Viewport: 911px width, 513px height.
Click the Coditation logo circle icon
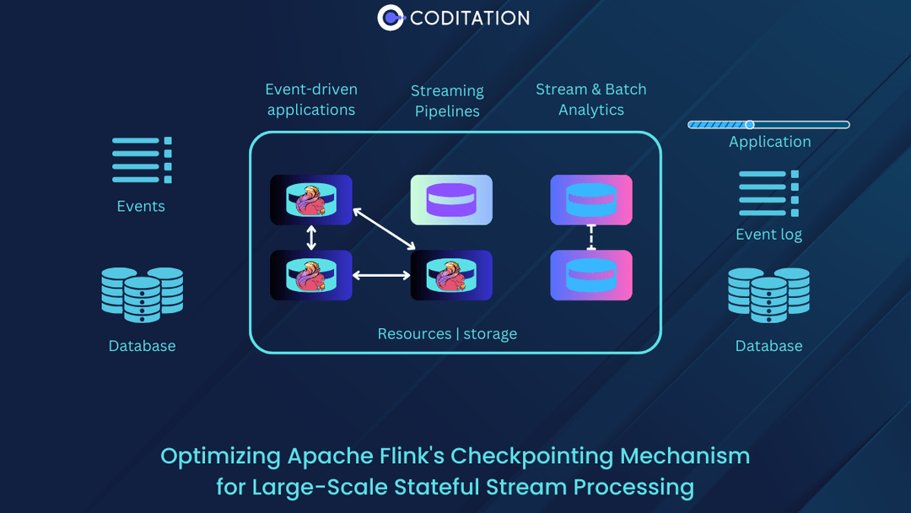pyautogui.click(x=391, y=18)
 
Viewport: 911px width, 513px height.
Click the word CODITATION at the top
pyautogui.click(x=470, y=18)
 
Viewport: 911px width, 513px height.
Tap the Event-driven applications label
pyautogui.click(x=311, y=100)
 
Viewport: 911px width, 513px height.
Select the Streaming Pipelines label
pyautogui.click(x=447, y=100)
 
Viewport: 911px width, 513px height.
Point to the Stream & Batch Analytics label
pyautogui.click(x=590, y=100)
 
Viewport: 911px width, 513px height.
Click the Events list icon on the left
pyautogui.click(x=142, y=160)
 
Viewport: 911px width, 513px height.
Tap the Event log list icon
pyautogui.click(x=768, y=193)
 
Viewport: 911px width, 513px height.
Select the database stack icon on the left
pyautogui.click(x=142, y=294)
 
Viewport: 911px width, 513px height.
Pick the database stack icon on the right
pyautogui.click(x=768, y=294)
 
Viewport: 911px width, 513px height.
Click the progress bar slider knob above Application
pyautogui.click(x=749, y=125)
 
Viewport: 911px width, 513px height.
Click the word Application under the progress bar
pyautogui.click(x=769, y=142)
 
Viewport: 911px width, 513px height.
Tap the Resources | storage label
pyautogui.click(x=447, y=334)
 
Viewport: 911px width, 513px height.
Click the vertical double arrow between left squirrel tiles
pyautogui.click(x=311, y=238)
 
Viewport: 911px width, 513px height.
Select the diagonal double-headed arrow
pyautogui.click(x=384, y=229)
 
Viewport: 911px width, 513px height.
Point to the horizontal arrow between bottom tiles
pyautogui.click(x=381, y=275)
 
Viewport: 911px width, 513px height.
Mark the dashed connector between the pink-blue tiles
pyautogui.click(x=591, y=238)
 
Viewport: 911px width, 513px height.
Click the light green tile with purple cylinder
pyautogui.click(x=451, y=200)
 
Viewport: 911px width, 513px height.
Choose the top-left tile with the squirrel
pyautogui.click(x=311, y=200)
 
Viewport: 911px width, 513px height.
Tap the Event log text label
pyautogui.click(x=768, y=235)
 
